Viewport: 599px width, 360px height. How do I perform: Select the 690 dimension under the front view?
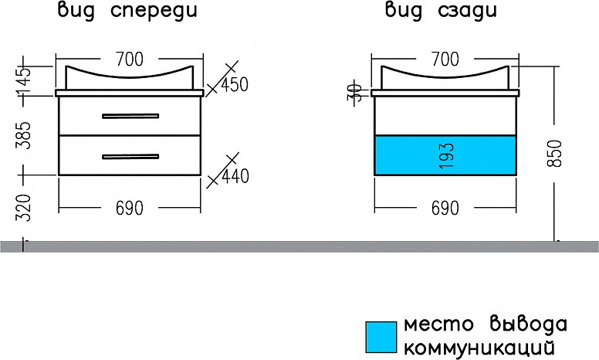(x=130, y=208)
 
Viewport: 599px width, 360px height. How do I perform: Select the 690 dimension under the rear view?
(x=444, y=208)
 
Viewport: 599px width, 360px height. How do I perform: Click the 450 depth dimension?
(x=234, y=85)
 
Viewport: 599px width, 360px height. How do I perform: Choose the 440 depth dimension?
(x=234, y=177)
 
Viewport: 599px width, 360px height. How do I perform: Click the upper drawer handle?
(x=130, y=117)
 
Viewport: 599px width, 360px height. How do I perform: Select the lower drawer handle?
(x=130, y=157)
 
